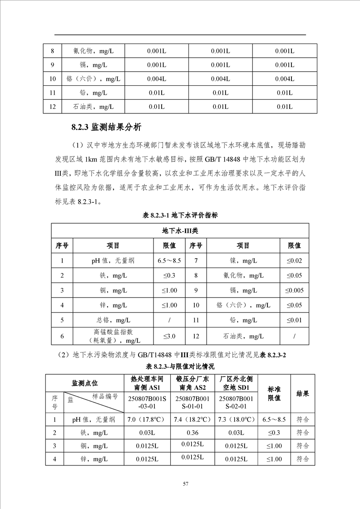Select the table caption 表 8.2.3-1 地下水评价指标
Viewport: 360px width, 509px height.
pyautogui.click(x=180, y=215)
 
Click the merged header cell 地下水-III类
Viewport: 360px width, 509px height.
pyautogui.click(x=180, y=230)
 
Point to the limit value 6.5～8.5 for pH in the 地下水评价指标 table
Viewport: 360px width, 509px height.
pyautogui.click(x=169, y=260)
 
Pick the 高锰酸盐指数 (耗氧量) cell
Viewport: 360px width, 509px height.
pyautogui.click(x=113, y=336)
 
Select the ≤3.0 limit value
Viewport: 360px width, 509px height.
pyautogui.click(x=169, y=336)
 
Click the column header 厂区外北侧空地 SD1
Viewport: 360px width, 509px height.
pyautogui.click(x=236, y=383)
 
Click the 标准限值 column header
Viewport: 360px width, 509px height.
pyautogui.click(x=274, y=394)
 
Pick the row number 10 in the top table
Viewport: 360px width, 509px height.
pyautogui.click(x=53, y=79)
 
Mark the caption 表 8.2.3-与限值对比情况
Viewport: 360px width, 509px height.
pyautogui.click(x=180, y=367)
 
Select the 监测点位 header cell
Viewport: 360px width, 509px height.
pyautogui.click(x=85, y=383)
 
